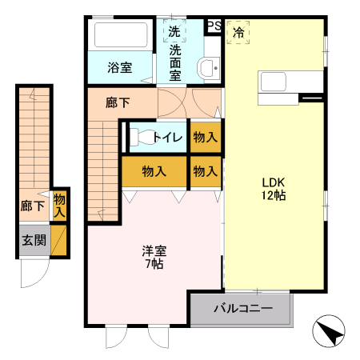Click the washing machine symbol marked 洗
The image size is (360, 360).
coord(174,33)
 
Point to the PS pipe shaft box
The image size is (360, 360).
coord(213,26)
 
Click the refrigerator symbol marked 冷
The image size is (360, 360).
coord(238,33)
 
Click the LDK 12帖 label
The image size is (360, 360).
coord(272,187)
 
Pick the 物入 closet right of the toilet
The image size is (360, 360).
coord(206,138)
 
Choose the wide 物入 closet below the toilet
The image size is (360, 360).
coord(154,171)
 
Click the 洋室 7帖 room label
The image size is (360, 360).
coord(153,258)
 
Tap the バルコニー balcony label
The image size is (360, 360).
coord(242,308)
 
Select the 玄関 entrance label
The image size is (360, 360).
coord(33,240)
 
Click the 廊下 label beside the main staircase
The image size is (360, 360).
coord(118,102)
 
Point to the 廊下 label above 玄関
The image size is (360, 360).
coord(32,206)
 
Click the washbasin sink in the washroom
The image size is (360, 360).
coord(208,67)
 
